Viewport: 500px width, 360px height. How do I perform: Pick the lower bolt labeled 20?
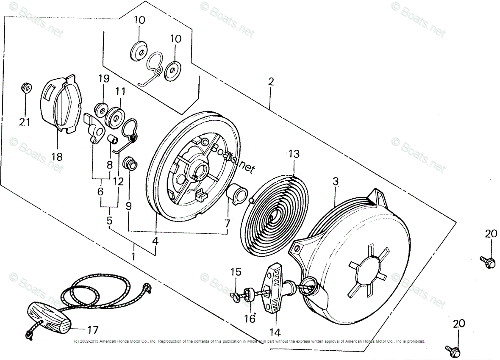coord(452,350)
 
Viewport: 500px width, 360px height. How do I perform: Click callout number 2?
coord(271,81)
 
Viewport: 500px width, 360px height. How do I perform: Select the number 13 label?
coord(294,154)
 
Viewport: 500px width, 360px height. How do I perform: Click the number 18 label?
coord(56,157)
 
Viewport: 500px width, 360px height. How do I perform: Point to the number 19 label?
coord(104,78)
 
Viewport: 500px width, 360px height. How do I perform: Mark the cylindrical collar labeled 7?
coord(237,193)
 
